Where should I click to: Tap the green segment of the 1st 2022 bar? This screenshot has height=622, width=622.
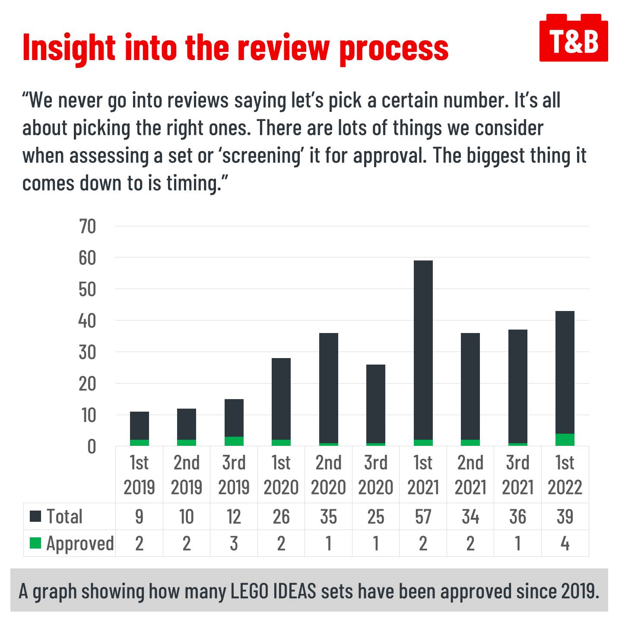(565, 439)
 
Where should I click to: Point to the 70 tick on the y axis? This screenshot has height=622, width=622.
(88, 226)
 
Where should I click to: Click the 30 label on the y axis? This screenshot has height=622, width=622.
(88, 352)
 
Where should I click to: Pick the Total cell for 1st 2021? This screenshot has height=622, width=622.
(423, 517)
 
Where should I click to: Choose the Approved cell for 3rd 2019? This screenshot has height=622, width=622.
(234, 543)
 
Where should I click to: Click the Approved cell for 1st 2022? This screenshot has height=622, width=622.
(565, 543)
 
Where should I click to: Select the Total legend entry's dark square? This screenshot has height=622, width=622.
(35, 516)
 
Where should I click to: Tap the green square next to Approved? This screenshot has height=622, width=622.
(35, 543)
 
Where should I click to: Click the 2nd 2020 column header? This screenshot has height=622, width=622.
(328, 475)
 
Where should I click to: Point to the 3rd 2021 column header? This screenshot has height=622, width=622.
(517, 475)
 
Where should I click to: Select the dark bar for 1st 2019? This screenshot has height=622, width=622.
(139, 425)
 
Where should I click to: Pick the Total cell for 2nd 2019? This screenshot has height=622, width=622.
(187, 517)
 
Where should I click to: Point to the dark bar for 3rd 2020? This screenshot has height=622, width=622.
(376, 404)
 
